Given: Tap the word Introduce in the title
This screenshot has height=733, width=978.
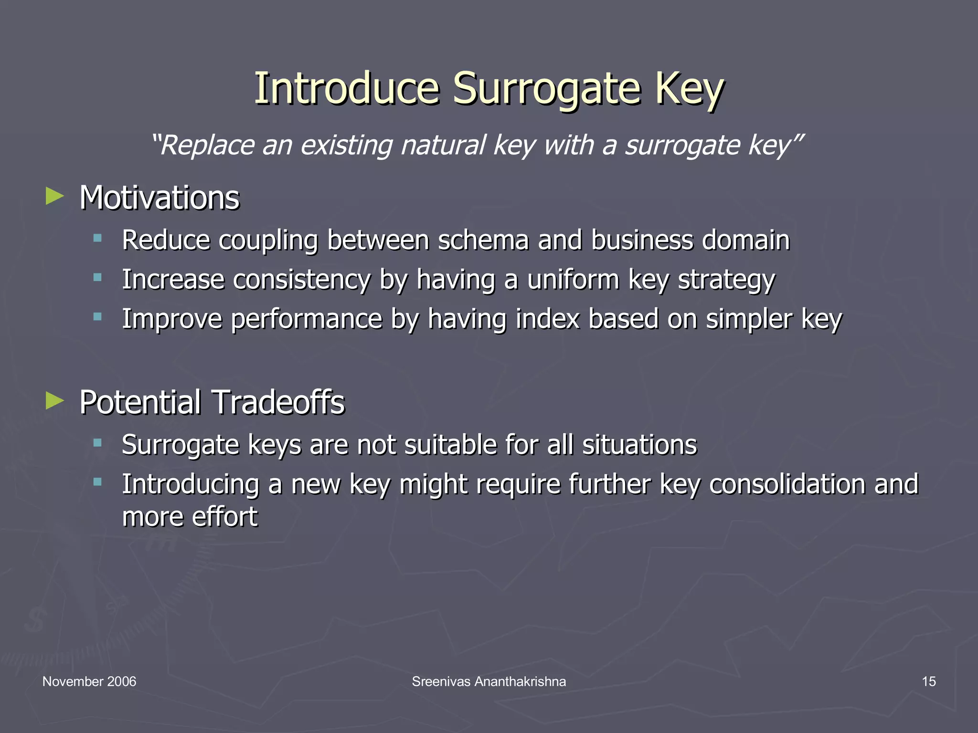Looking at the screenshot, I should click(346, 89).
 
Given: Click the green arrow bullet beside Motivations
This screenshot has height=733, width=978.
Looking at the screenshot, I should click(55, 196).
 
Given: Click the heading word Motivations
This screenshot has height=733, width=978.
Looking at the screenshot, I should click(159, 198).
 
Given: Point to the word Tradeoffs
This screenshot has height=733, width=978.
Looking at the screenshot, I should click(277, 402).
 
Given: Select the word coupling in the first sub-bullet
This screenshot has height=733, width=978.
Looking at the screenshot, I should click(268, 241).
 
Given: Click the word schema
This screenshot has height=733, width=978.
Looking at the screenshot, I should click(483, 240).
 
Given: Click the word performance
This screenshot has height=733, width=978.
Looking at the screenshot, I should click(307, 319).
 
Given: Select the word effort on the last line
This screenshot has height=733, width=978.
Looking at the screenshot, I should click(224, 516).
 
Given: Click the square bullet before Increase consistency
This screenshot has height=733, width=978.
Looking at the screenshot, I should click(98, 277).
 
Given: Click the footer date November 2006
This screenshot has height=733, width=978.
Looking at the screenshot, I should click(89, 681).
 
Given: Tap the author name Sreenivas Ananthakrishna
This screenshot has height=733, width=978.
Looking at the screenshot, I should click(489, 681).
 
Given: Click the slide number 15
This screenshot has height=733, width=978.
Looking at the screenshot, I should click(928, 681).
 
